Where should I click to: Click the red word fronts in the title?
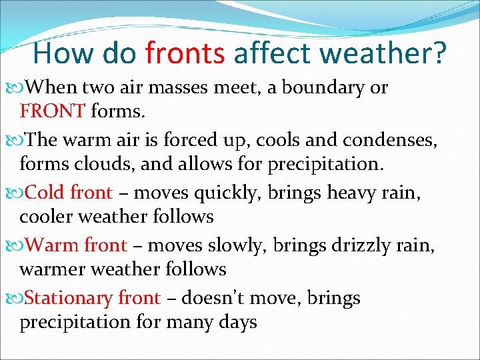tap(185, 53)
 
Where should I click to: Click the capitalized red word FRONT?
tap(52, 110)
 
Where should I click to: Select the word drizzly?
tap(356, 246)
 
